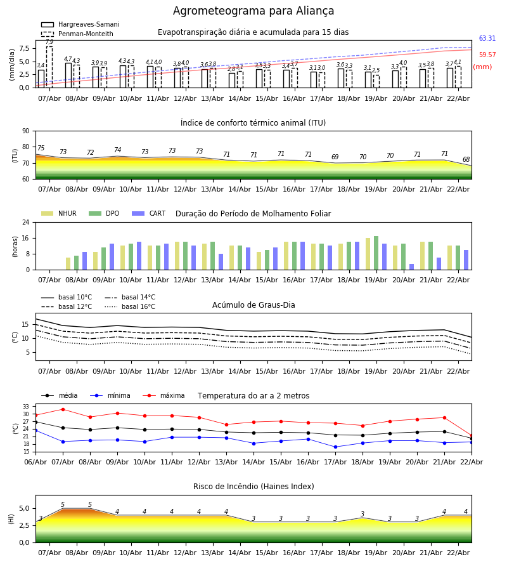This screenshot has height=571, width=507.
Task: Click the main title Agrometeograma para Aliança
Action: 253,11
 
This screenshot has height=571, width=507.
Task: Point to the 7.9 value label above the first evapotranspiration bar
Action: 49,42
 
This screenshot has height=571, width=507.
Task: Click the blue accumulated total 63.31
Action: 487,39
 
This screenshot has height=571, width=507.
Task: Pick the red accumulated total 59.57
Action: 487,55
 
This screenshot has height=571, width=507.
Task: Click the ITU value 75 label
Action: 41,148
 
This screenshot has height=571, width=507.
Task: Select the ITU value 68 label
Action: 466,160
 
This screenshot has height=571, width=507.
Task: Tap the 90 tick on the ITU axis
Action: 25,131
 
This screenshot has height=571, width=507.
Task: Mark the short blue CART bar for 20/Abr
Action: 411,266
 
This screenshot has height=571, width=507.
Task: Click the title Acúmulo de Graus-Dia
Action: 253,305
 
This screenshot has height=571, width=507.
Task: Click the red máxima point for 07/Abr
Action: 63,409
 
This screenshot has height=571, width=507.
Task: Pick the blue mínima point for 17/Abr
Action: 335,447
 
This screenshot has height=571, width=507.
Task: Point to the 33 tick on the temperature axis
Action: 25,407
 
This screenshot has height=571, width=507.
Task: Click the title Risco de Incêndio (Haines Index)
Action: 253,487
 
